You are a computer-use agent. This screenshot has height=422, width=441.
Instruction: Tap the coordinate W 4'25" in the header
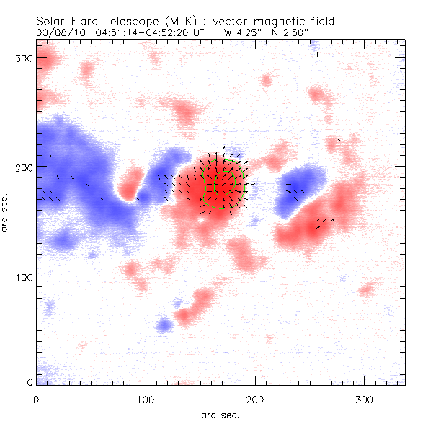[x=243, y=32]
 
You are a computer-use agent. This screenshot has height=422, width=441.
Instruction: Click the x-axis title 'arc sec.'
[x=220, y=415]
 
